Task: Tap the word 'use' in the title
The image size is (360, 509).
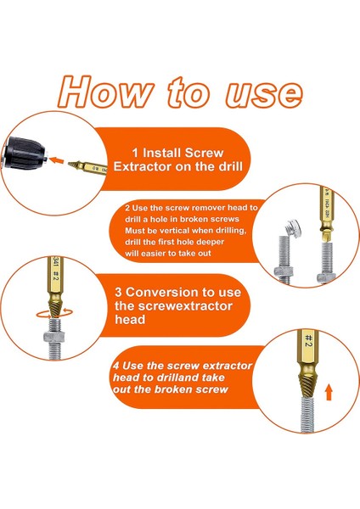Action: tap(264, 94)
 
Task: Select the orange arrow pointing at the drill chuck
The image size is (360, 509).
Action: tap(57, 160)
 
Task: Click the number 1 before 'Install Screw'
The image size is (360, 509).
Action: tap(135, 153)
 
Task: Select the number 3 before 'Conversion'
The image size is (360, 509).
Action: tap(118, 292)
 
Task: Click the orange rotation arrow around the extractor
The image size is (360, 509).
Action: tap(54, 314)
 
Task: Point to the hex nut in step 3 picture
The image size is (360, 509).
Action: tap(53, 336)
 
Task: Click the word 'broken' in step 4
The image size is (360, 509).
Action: tap(174, 389)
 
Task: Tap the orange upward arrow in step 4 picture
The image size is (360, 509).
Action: tap(329, 392)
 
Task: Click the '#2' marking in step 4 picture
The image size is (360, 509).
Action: tap(309, 340)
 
